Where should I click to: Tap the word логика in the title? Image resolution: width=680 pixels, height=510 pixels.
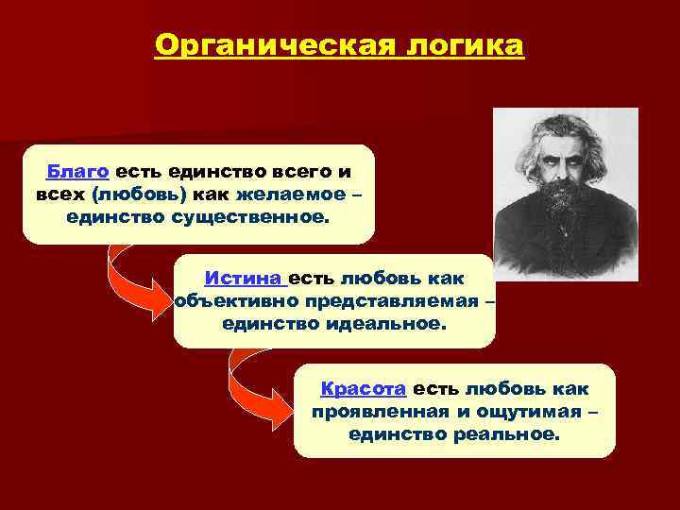(456, 44)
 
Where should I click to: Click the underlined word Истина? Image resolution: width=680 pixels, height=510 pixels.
(244, 279)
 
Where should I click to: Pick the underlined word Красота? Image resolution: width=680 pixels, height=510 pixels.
(364, 388)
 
